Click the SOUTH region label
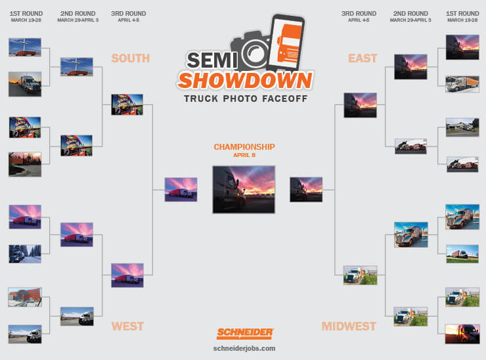pos(131,58)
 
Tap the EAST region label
pos(363,58)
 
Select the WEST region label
pos(127,326)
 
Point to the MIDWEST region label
pos(349,326)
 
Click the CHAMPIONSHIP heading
pos(244,146)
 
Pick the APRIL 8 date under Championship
pos(244,155)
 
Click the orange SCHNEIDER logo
pos(244,333)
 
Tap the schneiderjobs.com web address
pos(244,349)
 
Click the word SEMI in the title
pos(211,60)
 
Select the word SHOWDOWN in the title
pos(245,81)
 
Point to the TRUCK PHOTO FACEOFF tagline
pos(246,99)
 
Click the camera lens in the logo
pos(255,53)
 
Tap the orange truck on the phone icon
pos(289,43)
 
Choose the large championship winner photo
pos(244,189)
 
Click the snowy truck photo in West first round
pos(25,254)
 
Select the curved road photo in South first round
pos(25,164)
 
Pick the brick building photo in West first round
pos(25,297)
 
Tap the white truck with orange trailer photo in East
pos(462,83)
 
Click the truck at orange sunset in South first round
pos(25,84)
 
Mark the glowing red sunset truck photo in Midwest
pos(462,334)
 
